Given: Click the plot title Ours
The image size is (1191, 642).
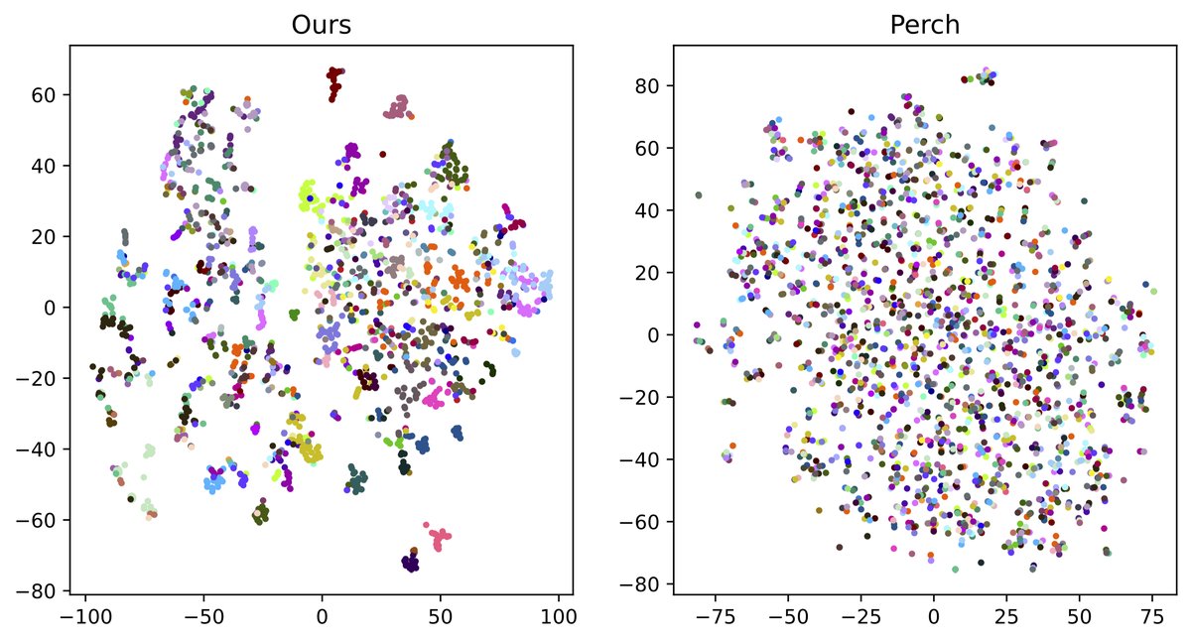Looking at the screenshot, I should click(x=322, y=26).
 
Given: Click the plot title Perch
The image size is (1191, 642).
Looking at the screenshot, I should click(x=924, y=26).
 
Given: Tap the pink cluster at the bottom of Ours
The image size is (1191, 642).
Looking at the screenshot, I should click(x=441, y=539).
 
